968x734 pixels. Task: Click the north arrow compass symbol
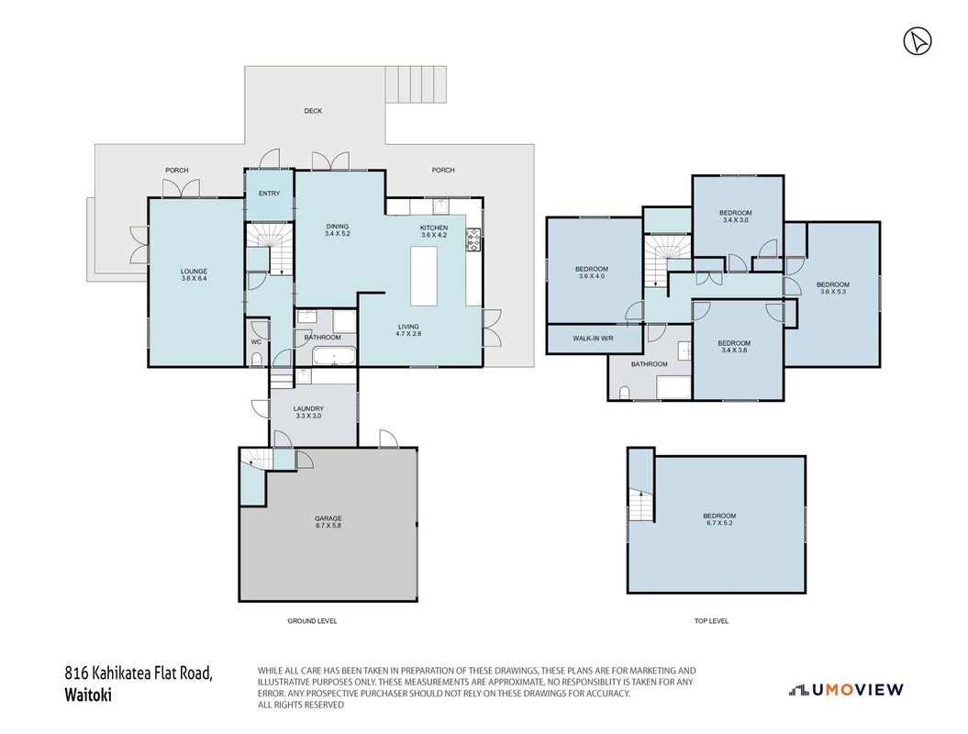[x=918, y=41]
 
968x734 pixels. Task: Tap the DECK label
[x=313, y=111]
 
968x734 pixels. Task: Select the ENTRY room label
[x=269, y=194]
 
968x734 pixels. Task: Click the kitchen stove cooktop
[x=473, y=240]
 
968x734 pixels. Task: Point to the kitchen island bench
[x=424, y=275]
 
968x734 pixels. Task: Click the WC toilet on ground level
[x=257, y=359]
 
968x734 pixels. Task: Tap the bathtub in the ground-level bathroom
[x=334, y=356]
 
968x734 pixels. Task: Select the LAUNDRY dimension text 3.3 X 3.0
[x=308, y=416]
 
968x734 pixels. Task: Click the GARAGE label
[x=328, y=518]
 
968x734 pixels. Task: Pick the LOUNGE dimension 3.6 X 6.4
[x=194, y=278]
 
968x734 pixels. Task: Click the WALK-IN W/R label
[x=593, y=339]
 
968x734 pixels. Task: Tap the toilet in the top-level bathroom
[x=624, y=393]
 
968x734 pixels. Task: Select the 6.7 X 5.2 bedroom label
[x=719, y=523]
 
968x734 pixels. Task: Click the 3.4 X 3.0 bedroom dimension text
[x=735, y=220]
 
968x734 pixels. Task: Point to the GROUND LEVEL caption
[x=312, y=621]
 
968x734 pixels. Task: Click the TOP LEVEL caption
[x=711, y=621]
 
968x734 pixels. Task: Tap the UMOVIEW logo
[x=846, y=690]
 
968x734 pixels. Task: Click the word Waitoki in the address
[x=88, y=695]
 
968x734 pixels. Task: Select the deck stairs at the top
[x=416, y=84]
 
